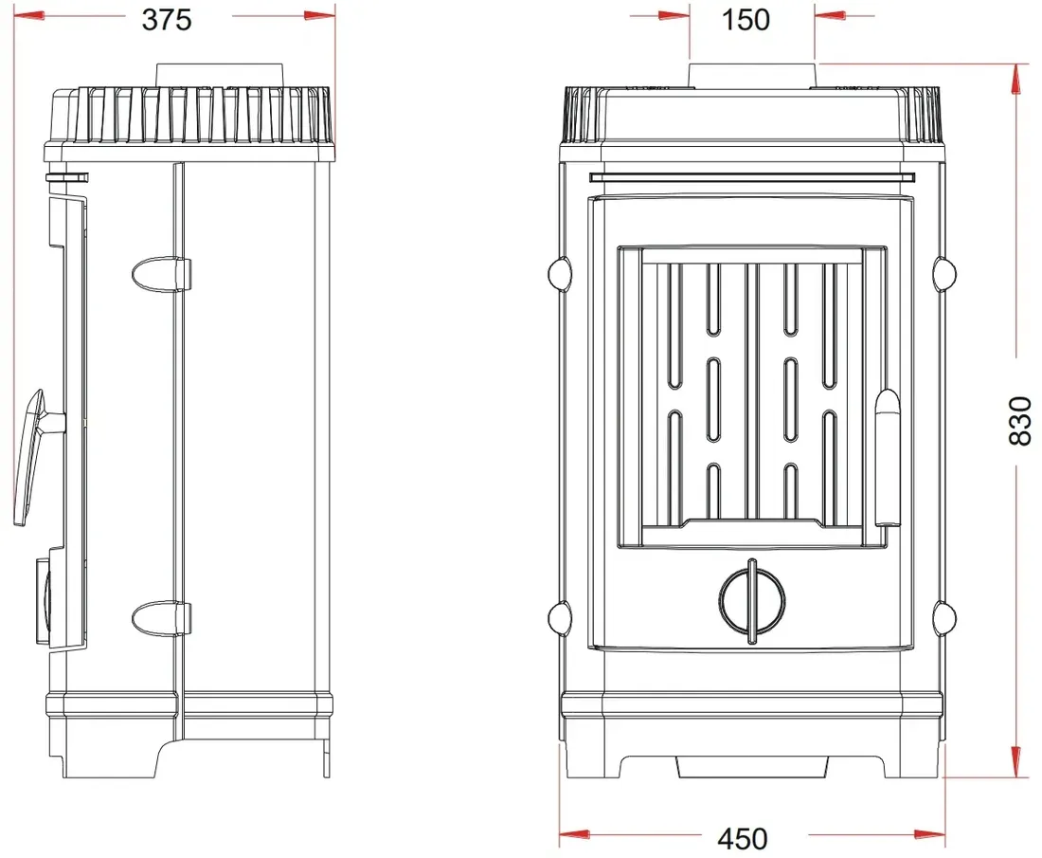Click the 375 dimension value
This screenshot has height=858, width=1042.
167,19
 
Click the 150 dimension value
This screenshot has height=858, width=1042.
746,19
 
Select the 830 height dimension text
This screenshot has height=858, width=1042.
1020,421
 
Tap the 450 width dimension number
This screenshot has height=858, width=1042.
743,839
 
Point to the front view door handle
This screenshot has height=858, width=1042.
887,458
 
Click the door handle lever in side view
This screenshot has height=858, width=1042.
30,458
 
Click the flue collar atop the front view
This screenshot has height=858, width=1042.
751,76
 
